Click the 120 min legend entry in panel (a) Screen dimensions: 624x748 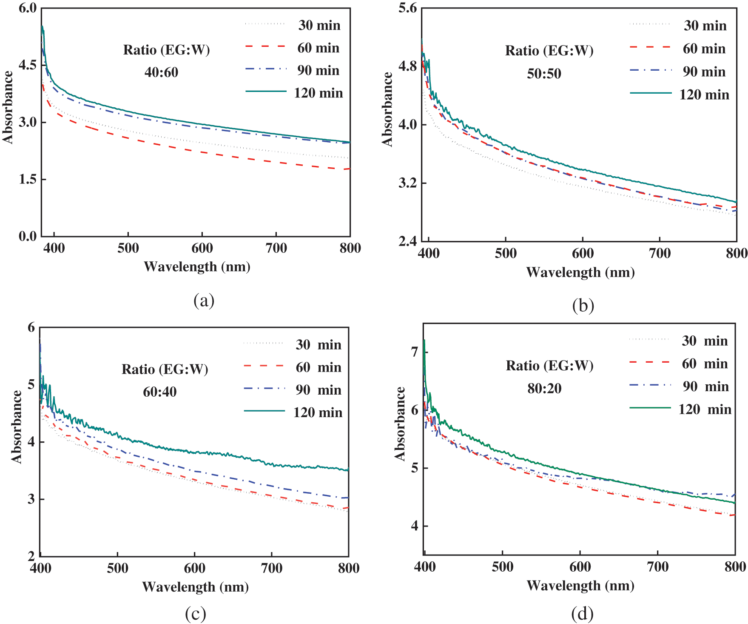318,93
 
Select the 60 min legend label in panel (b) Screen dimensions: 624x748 704,49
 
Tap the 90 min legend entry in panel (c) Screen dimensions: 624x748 318,390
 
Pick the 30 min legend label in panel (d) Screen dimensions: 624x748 705,341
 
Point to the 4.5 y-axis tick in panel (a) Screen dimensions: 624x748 28,65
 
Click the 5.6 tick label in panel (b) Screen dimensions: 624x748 407,8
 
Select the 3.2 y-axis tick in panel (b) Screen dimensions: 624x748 407,183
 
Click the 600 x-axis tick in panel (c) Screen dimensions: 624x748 194,568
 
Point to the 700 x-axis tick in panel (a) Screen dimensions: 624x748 276,248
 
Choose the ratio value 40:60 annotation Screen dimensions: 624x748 161,72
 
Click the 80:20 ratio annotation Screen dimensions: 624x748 544,388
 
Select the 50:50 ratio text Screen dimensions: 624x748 544,74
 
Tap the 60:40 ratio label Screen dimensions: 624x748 159,392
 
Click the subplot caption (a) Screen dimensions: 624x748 204,301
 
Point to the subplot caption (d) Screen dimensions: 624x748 582,613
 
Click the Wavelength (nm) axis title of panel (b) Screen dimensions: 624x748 580,272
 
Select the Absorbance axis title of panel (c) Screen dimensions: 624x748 16,426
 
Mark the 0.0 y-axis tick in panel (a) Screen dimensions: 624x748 28,237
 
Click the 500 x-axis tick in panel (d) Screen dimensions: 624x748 502,567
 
